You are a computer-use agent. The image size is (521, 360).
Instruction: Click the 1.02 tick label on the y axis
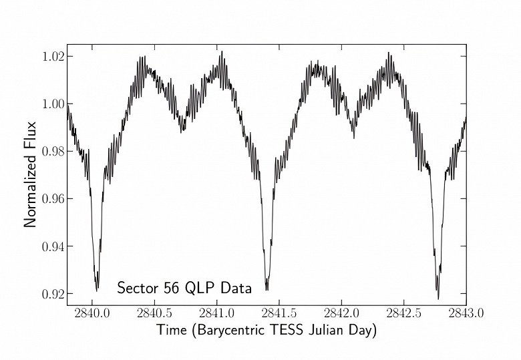(x=52, y=56)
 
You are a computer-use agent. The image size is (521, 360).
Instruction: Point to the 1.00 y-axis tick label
(x=52, y=104)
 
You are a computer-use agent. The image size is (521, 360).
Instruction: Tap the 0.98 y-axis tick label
(x=52, y=151)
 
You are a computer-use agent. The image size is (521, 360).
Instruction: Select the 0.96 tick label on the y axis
(x=52, y=198)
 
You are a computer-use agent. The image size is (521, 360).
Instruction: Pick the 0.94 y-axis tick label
(x=52, y=246)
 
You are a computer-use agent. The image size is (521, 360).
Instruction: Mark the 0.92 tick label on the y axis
(x=52, y=294)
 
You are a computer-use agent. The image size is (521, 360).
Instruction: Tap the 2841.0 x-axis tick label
(x=216, y=313)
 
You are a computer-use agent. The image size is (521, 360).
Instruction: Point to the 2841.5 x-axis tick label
(x=279, y=313)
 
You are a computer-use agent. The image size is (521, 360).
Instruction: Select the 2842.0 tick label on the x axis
(x=341, y=313)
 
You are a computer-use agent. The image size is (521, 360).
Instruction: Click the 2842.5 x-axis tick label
(x=403, y=313)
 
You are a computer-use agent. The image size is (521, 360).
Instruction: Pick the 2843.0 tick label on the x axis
(x=466, y=313)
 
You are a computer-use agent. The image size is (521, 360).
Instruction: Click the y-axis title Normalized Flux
(x=30, y=174)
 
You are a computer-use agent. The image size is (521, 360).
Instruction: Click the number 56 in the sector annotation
(x=172, y=289)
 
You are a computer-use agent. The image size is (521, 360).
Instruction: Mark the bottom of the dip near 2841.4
(x=267, y=290)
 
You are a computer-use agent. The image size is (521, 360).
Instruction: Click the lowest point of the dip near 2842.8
(x=438, y=299)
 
